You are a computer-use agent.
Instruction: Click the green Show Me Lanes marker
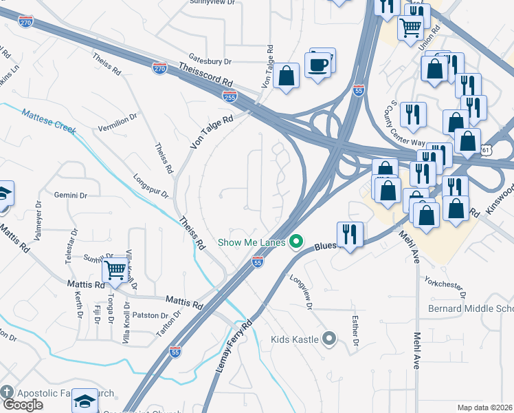296,242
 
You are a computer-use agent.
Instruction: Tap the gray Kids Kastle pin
329,339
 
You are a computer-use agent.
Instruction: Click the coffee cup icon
318,65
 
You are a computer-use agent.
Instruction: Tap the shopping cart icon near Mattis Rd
116,270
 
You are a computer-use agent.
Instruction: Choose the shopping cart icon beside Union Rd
411,28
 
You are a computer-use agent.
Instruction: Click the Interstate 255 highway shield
230,96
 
